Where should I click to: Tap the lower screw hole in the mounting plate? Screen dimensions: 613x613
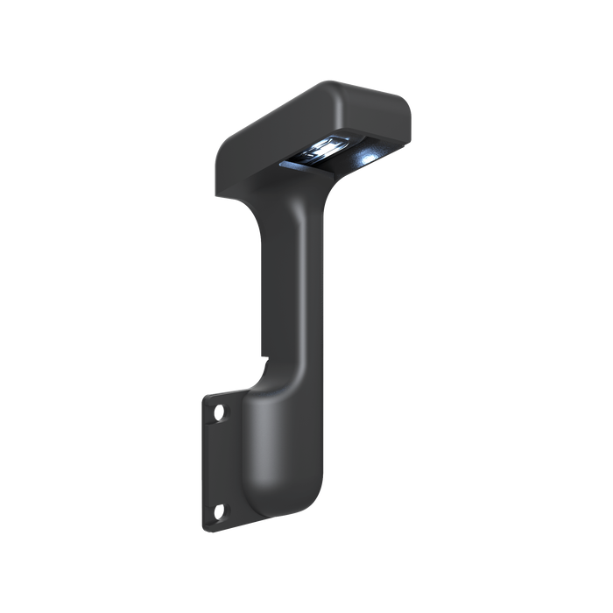click(220, 511)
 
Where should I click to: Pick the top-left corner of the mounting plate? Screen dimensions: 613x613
click(206, 397)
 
